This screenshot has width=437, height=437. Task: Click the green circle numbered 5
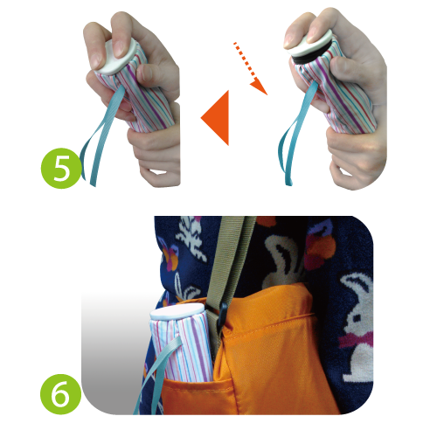pos(61,168)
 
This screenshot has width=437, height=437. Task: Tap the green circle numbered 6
pos(61,394)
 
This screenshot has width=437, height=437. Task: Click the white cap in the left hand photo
pos(118,57)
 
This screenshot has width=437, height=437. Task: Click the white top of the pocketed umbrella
pos(177,312)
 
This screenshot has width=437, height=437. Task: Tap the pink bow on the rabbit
pos(356,339)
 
